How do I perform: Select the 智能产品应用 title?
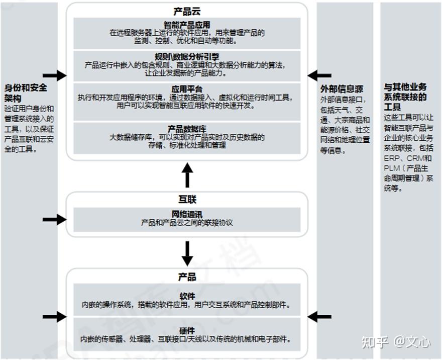[x=187, y=25]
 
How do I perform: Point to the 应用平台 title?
[x=187, y=88]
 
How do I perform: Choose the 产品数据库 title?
[x=187, y=129]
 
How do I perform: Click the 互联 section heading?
[x=187, y=200]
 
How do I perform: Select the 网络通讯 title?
[x=187, y=214]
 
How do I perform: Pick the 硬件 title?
[x=187, y=330]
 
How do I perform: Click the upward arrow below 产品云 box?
[x=187, y=174]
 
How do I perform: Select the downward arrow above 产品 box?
[x=187, y=253]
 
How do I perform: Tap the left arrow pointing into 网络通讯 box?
[x=54, y=219]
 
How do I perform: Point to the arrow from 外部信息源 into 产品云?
[x=319, y=76]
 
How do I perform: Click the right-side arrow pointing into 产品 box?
[x=319, y=317]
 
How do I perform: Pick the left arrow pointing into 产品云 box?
[x=54, y=76]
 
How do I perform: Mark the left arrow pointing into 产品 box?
[x=54, y=317]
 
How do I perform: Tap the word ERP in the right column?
[x=391, y=159]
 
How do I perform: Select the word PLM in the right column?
[x=392, y=168]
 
